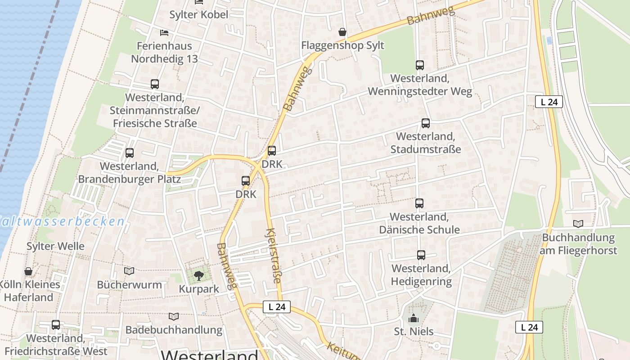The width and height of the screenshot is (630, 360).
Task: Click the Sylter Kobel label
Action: (198, 14)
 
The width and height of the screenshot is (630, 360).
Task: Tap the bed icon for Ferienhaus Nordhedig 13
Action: (164, 33)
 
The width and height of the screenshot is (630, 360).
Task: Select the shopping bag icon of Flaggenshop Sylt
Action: (342, 32)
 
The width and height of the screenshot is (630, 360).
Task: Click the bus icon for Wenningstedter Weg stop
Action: (420, 65)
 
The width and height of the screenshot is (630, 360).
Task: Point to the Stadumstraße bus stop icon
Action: (425, 123)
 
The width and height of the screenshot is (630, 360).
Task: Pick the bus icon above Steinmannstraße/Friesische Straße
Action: (154, 84)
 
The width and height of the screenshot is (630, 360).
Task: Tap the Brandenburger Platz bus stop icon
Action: (130, 153)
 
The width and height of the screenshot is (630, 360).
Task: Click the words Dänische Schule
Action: (419, 229)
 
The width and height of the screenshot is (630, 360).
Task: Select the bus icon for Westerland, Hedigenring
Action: (421, 255)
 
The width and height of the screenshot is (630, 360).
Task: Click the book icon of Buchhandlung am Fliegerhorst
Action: (578, 224)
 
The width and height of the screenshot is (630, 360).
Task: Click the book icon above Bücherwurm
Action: (129, 271)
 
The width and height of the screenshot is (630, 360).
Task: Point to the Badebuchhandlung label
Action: (174, 330)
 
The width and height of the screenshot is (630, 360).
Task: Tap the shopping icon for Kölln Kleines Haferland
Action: (28, 271)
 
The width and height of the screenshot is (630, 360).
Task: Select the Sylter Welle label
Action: (55, 246)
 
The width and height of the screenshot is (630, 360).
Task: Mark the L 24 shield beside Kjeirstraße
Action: (277, 307)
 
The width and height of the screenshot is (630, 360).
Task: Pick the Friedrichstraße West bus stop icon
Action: (56, 325)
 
